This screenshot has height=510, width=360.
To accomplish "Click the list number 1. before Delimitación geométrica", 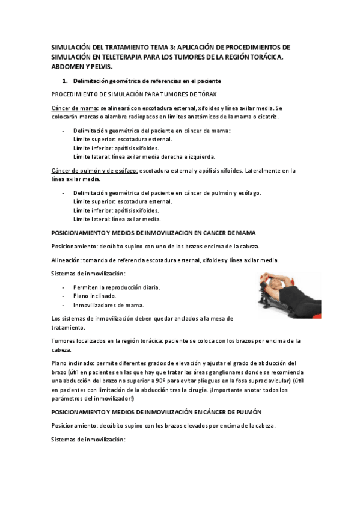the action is (x=66, y=81).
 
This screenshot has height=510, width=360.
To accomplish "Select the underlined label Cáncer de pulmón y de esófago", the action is (x=95, y=171).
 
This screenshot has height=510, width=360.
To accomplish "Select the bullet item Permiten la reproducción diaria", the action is (x=116, y=287).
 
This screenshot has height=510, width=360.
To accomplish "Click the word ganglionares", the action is (x=208, y=372).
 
